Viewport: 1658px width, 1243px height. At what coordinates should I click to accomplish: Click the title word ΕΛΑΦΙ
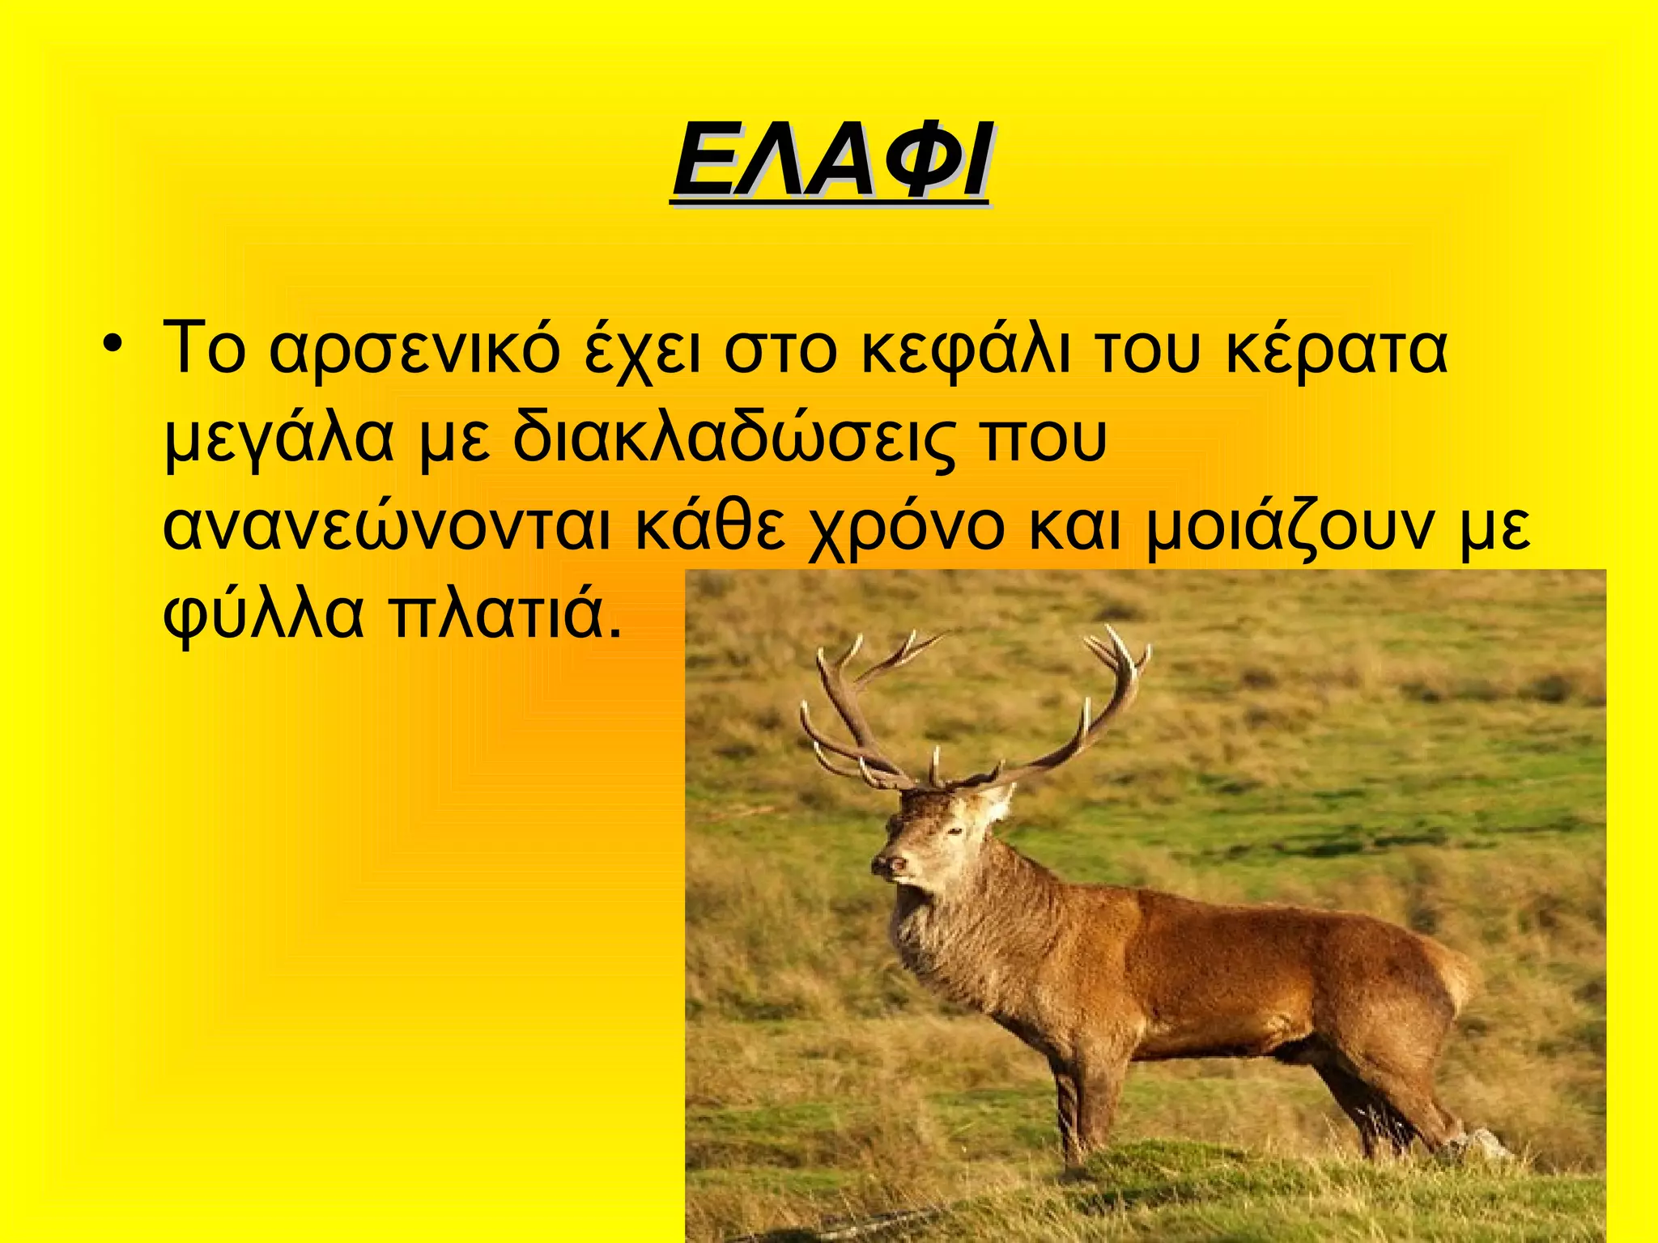point(830,162)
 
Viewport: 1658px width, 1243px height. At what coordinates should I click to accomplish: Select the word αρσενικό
point(413,350)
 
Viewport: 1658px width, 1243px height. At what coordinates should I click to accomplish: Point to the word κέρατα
point(1336,350)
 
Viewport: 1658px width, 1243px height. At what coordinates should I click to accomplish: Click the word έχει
point(643,350)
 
